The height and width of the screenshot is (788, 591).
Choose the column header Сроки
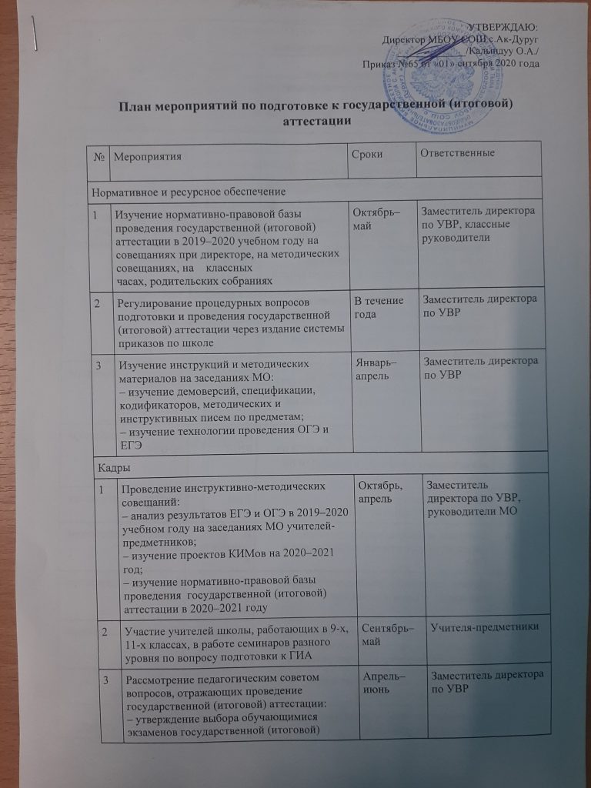(x=368, y=155)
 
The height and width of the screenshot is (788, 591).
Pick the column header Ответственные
(x=456, y=152)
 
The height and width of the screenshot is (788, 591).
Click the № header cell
(x=100, y=157)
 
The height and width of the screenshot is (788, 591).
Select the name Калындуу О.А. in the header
(x=503, y=51)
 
